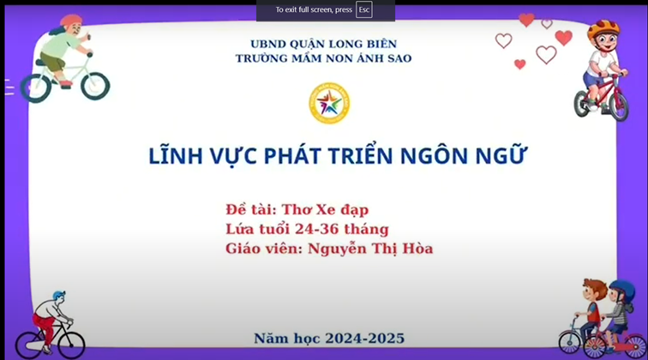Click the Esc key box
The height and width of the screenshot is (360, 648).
click(x=363, y=10)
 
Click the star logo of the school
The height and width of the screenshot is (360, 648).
click(x=329, y=103)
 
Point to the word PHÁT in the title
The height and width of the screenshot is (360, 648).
click(x=292, y=156)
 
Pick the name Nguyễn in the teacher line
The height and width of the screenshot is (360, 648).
click(x=337, y=249)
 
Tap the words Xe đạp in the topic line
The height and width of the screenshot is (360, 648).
click(x=342, y=210)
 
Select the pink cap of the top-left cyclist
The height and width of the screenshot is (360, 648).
click(x=71, y=21)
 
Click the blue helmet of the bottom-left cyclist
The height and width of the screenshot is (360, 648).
click(x=58, y=295)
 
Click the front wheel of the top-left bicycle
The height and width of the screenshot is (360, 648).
click(x=95, y=86)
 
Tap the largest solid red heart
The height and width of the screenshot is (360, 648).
click(x=564, y=38)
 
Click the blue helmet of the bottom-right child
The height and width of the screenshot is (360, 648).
click(x=623, y=291)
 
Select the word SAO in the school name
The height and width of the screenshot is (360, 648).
click(x=399, y=58)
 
